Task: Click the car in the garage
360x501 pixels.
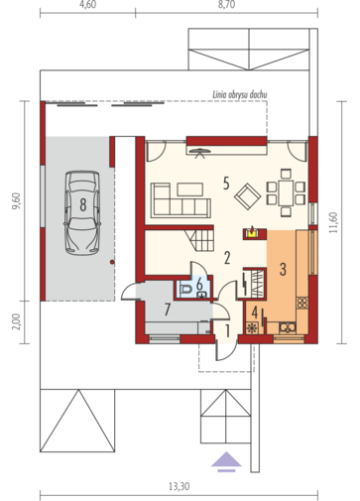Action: coord(82,213)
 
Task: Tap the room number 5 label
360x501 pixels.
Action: coord(226,184)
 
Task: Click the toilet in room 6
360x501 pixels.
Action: coord(186,290)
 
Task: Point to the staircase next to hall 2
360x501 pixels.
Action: coord(199,240)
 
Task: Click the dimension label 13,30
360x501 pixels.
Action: coord(180,486)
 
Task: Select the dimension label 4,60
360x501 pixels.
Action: coord(88,6)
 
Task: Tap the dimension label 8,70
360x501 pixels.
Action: coord(226,6)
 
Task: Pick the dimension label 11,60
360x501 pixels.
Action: coord(333,222)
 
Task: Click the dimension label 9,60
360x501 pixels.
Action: coord(16,201)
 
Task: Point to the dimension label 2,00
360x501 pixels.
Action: coord(17,321)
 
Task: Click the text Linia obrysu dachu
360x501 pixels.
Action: coord(240,94)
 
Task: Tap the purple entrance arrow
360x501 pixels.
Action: coord(226,460)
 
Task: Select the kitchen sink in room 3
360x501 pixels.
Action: coord(288,327)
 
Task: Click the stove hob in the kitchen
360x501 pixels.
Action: coord(302,303)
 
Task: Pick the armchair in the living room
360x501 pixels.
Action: coord(247,196)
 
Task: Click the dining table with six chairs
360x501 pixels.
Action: coord(286,192)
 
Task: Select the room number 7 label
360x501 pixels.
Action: coord(168,311)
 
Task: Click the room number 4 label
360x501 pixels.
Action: coord(255,313)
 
